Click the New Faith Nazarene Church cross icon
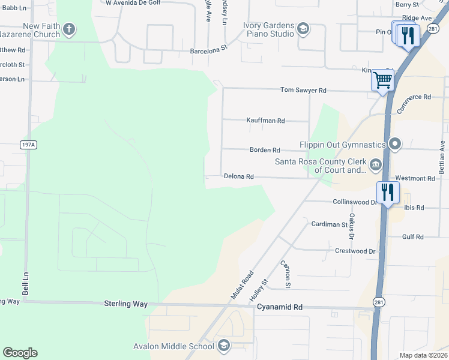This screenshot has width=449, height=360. pyautogui.click(x=69, y=29)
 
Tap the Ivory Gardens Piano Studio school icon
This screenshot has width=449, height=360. pyautogui.click(x=303, y=29)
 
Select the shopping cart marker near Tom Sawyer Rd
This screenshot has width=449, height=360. pyautogui.click(x=382, y=80)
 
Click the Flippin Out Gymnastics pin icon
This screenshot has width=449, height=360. pyautogui.click(x=395, y=144)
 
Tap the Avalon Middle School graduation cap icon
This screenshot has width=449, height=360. pyautogui.click(x=223, y=345)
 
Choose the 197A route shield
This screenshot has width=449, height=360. pyautogui.click(x=28, y=145)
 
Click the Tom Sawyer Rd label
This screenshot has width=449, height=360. pyautogui.click(x=303, y=91)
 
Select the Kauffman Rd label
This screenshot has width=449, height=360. pyautogui.click(x=265, y=121)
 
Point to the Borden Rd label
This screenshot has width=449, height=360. pyautogui.click(x=265, y=150)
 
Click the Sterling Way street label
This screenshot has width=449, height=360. pyautogui.click(x=125, y=304)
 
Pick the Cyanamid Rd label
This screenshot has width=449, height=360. pyautogui.click(x=280, y=307)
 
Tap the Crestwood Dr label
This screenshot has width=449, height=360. pyautogui.click(x=355, y=251)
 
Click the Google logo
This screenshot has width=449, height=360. pyautogui.click(x=20, y=353)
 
